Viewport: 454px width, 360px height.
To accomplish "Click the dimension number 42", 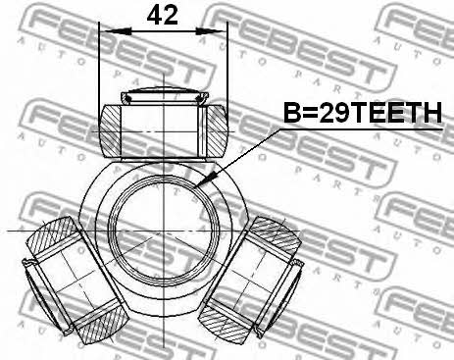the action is (x=162, y=16).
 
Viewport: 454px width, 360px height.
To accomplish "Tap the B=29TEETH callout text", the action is (x=363, y=113).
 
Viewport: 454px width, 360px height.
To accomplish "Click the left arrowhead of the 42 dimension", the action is (x=117, y=31).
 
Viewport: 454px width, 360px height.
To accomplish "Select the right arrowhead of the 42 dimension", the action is (x=211, y=31).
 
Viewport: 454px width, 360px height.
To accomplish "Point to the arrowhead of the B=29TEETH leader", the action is (x=206, y=181).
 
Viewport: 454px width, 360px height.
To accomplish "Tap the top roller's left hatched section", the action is (x=110, y=130).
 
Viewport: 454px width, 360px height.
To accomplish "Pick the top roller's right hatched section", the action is (x=218, y=130).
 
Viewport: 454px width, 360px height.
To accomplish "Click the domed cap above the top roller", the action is (x=165, y=95).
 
